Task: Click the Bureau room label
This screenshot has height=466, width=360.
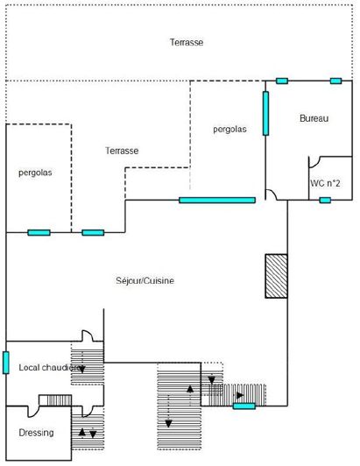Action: (x=313, y=119)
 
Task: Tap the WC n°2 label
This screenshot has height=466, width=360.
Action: (x=325, y=184)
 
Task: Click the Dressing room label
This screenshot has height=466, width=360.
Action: (x=36, y=433)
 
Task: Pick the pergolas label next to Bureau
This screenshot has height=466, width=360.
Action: (x=229, y=130)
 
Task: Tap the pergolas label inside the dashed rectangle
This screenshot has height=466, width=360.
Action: (x=35, y=173)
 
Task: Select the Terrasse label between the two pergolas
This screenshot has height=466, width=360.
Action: (x=122, y=151)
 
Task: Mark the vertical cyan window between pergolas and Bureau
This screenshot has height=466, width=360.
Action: (x=265, y=113)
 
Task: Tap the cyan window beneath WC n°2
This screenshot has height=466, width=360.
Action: (x=325, y=201)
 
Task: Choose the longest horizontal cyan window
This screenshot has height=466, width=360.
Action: (x=217, y=201)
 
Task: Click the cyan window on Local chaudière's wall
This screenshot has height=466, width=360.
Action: (x=6, y=362)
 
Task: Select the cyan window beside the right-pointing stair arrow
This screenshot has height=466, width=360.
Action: (x=244, y=406)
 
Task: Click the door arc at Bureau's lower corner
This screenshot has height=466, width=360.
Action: (x=275, y=194)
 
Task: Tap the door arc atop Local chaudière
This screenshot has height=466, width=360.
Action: (x=88, y=336)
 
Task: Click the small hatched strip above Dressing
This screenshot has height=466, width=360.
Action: (x=55, y=400)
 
